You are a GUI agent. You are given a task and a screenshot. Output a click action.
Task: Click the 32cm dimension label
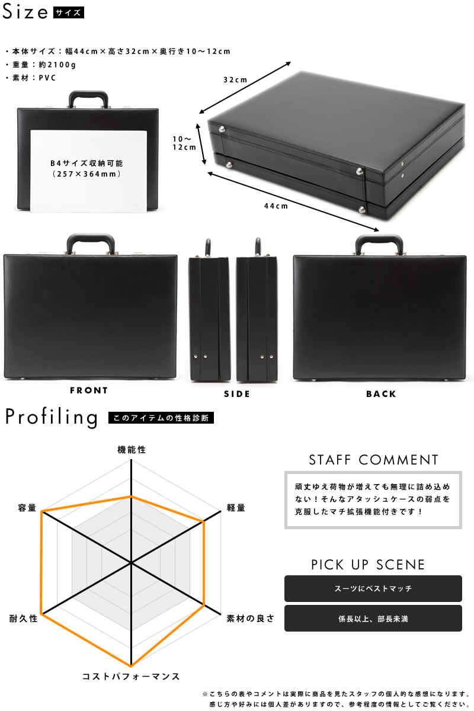pyautogui.click(x=235, y=79)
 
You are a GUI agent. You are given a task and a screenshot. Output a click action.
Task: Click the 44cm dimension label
pyautogui.click(x=276, y=206)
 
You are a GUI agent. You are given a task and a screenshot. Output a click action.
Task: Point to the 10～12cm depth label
pyautogui.click(x=184, y=143)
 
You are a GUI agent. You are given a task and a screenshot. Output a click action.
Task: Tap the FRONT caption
pyautogui.click(x=89, y=390)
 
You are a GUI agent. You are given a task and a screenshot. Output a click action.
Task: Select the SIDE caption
pyautogui.click(x=237, y=394)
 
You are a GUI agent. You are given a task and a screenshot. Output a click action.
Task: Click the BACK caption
pyautogui.click(x=381, y=394)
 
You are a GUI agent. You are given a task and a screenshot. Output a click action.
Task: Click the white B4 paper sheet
pyautogui.click(x=88, y=171)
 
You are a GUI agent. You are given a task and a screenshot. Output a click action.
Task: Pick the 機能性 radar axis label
pyautogui.click(x=132, y=450)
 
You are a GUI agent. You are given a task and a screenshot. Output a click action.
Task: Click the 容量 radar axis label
pyautogui.click(x=27, y=508)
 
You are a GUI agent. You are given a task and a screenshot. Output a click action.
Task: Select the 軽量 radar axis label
pyautogui.click(x=236, y=508)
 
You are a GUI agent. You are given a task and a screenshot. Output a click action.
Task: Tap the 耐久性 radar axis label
pyautogui.click(x=23, y=619)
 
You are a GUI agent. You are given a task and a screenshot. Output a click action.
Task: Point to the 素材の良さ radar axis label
pyautogui.click(x=250, y=619)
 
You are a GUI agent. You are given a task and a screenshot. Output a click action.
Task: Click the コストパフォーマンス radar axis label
pyautogui.click(x=131, y=677)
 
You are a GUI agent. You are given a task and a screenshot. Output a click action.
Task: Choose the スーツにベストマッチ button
pyautogui.click(x=373, y=588)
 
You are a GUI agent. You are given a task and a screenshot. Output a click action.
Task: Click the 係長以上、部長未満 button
pyautogui.click(x=373, y=619)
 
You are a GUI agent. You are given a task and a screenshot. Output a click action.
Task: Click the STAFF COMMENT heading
pyautogui.click(x=373, y=460)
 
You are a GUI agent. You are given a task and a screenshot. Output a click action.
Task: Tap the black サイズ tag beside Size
pyautogui.click(x=69, y=12)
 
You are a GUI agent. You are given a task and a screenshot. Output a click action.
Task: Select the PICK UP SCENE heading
pyautogui.click(x=368, y=565)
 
